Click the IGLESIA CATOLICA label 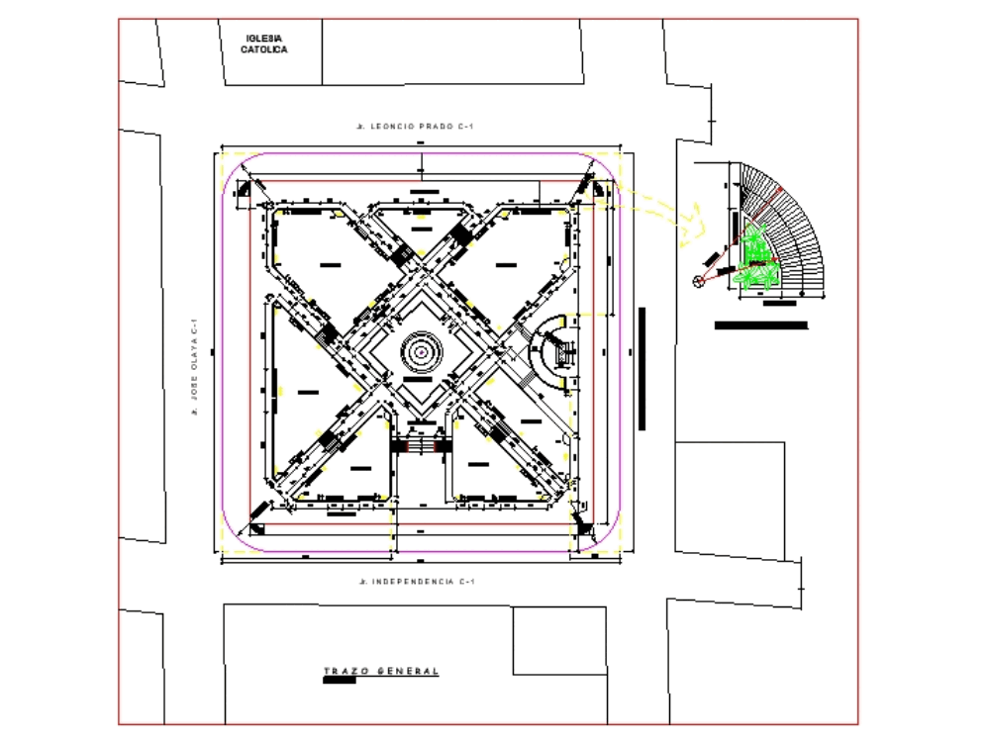[x=264, y=44]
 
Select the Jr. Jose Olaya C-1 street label [x=196, y=366]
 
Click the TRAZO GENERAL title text [x=381, y=671]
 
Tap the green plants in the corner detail [x=758, y=259]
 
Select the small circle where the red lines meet [x=699, y=282]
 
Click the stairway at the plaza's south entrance [x=422, y=446]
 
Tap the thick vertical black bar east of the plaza [x=642, y=368]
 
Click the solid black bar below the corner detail [x=760, y=325]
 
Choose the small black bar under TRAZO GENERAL [x=339, y=682]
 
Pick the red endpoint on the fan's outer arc [x=781, y=190]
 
